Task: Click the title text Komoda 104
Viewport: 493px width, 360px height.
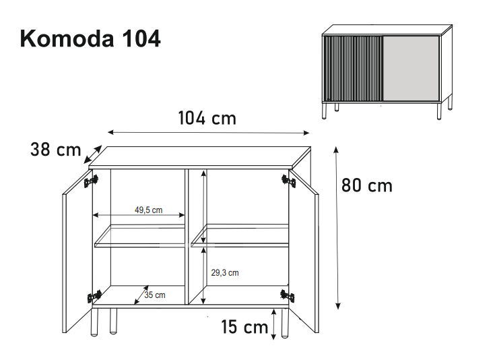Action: pos(90,38)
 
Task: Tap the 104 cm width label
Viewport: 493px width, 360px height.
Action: pos(207,119)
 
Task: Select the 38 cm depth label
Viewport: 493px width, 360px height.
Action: pos(56,149)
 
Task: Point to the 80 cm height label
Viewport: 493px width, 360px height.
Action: pos(367,185)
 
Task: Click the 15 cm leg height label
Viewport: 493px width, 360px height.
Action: pos(244,327)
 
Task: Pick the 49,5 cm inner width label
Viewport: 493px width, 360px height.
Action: pos(149,210)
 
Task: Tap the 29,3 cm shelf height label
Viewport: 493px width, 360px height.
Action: pos(225,272)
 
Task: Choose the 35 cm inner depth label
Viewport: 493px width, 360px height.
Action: pos(155,295)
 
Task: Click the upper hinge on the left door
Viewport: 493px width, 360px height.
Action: pos(91,181)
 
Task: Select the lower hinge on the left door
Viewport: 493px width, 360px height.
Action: pos(94,297)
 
